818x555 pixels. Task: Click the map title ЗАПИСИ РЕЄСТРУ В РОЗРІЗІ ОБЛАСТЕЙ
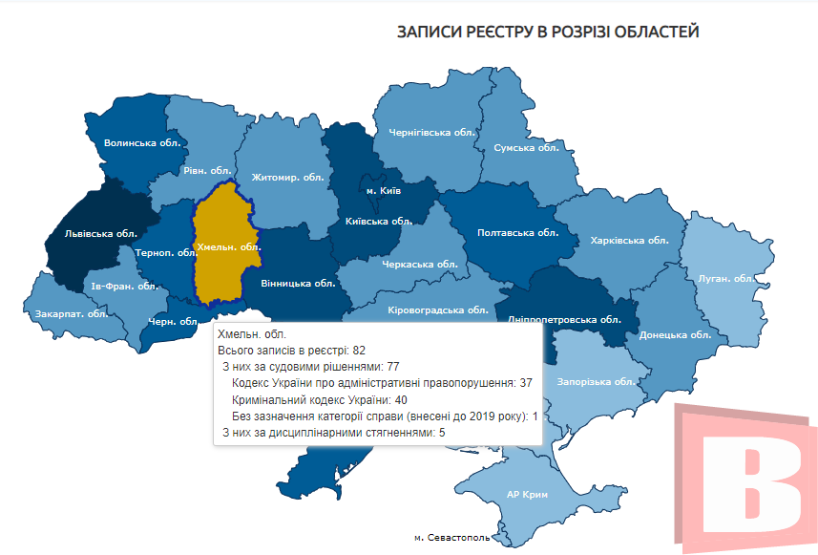click(x=548, y=32)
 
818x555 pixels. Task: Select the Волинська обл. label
click(x=142, y=143)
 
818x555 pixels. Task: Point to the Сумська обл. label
click(x=526, y=148)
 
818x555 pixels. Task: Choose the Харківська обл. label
click(x=629, y=240)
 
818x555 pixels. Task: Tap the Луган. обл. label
click(x=726, y=278)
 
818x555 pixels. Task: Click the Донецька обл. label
click(x=675, y=334)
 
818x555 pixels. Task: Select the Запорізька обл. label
click(x=598, y=381)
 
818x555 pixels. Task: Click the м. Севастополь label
click(x=452, y=538)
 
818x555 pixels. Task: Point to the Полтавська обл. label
click(x=517, y=232)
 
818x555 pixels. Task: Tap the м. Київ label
click(x=384, y=191)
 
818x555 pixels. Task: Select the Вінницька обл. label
click(x=297, y=283)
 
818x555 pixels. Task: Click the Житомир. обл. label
click(x=288, y=177)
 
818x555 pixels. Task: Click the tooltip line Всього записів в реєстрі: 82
click(x=285, y=351)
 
